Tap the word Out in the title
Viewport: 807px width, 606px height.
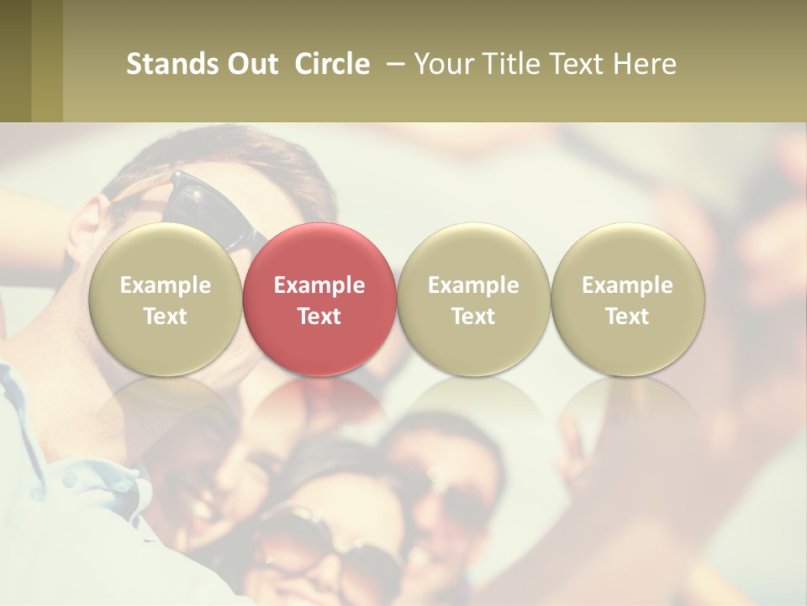tap(251, 64)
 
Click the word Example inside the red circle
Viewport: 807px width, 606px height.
tap(319, 285)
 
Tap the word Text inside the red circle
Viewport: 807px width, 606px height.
tap(319, 316)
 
